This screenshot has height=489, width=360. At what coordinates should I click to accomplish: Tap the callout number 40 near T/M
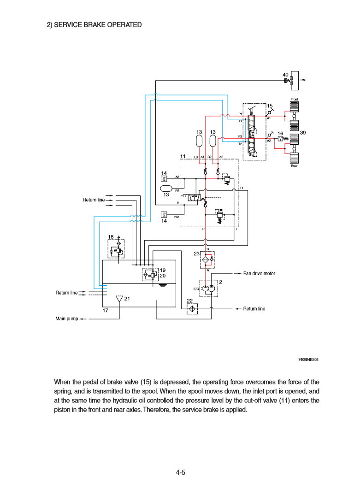tap(285, 75)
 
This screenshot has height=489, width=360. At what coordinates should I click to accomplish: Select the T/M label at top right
tap(303, 80)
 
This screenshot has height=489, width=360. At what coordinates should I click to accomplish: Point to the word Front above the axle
tap(294, 100)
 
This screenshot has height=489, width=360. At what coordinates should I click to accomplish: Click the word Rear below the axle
tap(294, 166)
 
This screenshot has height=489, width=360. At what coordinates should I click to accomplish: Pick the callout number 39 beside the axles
tap(303, 133)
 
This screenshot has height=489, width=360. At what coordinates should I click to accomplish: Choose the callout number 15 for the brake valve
tap(270, 106)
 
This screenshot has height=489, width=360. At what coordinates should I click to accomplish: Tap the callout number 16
tap(280, 134)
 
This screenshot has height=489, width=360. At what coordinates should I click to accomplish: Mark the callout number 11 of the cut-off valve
tap(183, 156)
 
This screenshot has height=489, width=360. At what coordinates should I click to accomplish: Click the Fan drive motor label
tap(259, 274)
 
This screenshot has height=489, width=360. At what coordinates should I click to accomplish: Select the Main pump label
tap(67, 318)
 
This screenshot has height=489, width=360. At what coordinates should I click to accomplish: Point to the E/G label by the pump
tap(196, 289)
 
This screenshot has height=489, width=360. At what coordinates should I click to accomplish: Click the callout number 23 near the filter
tap(196, 253)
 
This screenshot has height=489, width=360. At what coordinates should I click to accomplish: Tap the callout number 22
tap(189, 300)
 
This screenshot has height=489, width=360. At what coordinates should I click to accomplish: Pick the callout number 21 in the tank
tap(127, 299)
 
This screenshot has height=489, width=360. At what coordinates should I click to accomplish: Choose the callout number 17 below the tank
tap(105, 311)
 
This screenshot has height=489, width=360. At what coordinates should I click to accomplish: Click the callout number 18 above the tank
tap(111, 237)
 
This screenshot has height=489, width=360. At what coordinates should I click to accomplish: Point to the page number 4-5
tap(180, 472)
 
